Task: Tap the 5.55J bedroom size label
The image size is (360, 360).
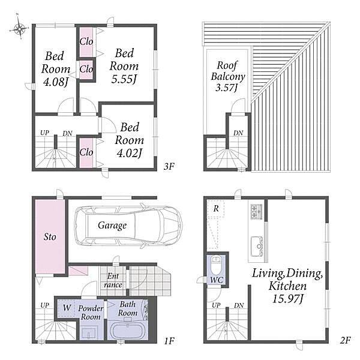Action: (124, 79)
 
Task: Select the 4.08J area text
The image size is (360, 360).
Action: (56, 82)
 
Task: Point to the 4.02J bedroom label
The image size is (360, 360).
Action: (129, 153)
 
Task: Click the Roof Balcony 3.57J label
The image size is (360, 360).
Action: (228, 76)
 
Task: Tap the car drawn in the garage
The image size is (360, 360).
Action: (128, 226)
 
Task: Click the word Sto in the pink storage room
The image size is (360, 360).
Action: (50, 237)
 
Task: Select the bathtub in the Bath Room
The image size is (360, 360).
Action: (127, 331)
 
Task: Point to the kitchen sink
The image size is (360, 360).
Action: (257, 247)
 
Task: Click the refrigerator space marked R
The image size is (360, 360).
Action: (216, 208)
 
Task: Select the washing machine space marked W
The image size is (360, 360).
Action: (67, 308)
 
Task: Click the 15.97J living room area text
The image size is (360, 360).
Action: (288, 299)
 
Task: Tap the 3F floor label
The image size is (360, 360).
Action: (169, 166)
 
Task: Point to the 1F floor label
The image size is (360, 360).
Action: (169, 341)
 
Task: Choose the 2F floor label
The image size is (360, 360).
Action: (346, 340)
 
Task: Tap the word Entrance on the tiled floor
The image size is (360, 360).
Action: (113, 280)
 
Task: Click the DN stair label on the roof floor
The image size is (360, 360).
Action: (238, 133)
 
